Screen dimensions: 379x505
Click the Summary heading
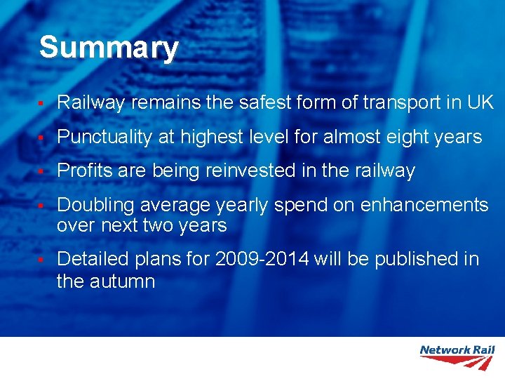109,48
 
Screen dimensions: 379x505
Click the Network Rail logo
457,357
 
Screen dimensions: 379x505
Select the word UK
480,102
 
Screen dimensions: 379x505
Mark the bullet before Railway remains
42,104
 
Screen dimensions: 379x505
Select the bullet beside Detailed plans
42,260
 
